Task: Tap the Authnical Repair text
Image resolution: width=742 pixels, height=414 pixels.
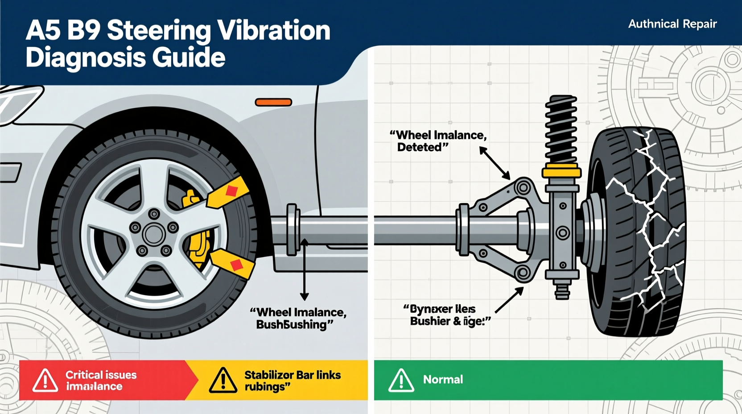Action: coord(672,24)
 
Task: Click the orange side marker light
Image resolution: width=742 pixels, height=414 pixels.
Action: coord(273,102)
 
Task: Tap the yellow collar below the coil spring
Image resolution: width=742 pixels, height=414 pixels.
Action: coord(561,172)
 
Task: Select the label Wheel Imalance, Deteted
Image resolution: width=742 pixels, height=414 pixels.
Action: coord(438,141)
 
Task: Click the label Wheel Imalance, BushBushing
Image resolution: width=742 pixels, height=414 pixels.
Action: coord(298,318)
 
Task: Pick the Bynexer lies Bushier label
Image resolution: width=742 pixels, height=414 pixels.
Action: coord(446,315)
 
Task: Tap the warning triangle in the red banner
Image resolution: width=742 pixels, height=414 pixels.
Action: coord(45,381)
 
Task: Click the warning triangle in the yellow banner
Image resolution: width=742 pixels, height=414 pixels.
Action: coord(223,381)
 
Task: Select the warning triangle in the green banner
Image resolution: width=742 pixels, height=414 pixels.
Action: coord(401,381)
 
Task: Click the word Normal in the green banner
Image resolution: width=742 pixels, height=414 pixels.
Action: coord(443,380)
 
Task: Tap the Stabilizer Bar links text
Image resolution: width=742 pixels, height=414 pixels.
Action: coord(292,375)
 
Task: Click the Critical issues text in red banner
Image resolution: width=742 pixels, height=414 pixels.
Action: coord(101,375)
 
